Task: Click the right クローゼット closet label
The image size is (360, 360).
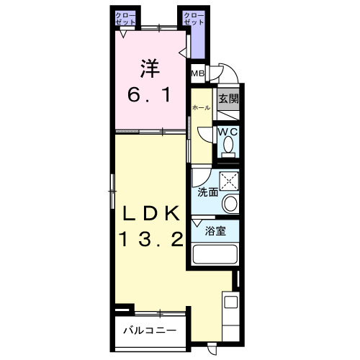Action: click(x=192, y=19)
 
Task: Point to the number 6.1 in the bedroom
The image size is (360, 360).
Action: click(x=149, y=94)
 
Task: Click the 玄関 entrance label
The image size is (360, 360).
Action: click(x=228, y=99)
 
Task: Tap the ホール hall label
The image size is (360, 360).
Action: click(x=201, y=107)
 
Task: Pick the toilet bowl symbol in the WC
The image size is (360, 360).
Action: click(x=229, y=146)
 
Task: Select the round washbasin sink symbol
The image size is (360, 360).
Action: click(x=230, y=204)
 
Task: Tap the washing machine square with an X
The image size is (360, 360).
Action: click(x=230, y=180)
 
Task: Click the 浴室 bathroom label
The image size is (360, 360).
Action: click(x=216, y=231)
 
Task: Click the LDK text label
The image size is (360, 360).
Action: click(x=149, y=213)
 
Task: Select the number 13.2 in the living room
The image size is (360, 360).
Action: click(x=149, y=240)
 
